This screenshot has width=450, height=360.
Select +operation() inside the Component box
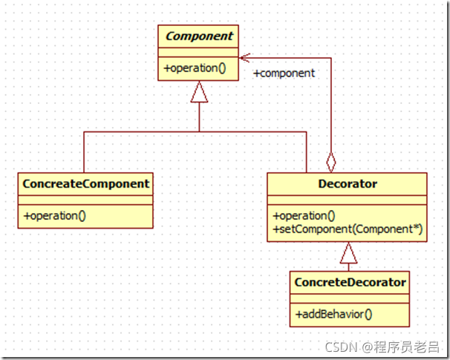pyautogui.click(x=195, y=68)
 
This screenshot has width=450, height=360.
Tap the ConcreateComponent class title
pyautogui.click(x=86, y=183)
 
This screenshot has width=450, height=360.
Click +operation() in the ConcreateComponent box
pyautogui.click(x=55, y=216)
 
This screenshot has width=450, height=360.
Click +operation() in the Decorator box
pyautogui.click(x=304, y=216)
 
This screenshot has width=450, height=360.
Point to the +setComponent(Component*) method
pyautogui.click(x=348, y=229)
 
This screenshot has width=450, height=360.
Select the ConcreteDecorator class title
pyautogui.click(x=350, y=282)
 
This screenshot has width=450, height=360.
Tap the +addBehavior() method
pyautogui.click(x=333, y=314)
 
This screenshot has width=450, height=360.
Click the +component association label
pyautogui.click(x=284, y=73)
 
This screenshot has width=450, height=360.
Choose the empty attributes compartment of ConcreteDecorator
pyautogui.click(x=350, y=298)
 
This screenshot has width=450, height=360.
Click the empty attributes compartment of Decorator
pyautogui.click(x=346, y=199)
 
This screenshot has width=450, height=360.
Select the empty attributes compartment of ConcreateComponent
pyautogui.click(x=86, y=199)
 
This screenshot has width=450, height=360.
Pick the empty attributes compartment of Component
pyautogui.click(x=198, y=52)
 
